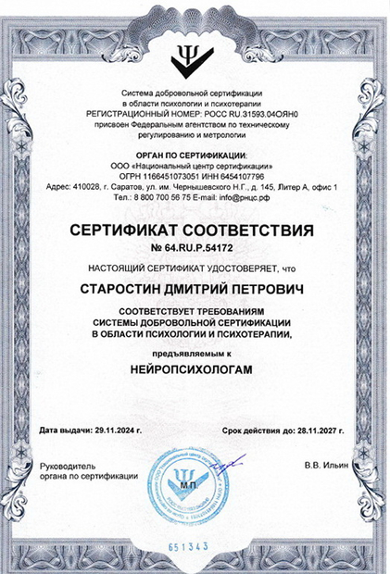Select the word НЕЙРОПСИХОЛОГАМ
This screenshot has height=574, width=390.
coord(195,368)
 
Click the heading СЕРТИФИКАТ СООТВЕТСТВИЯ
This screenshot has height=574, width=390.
coord(195,228)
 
